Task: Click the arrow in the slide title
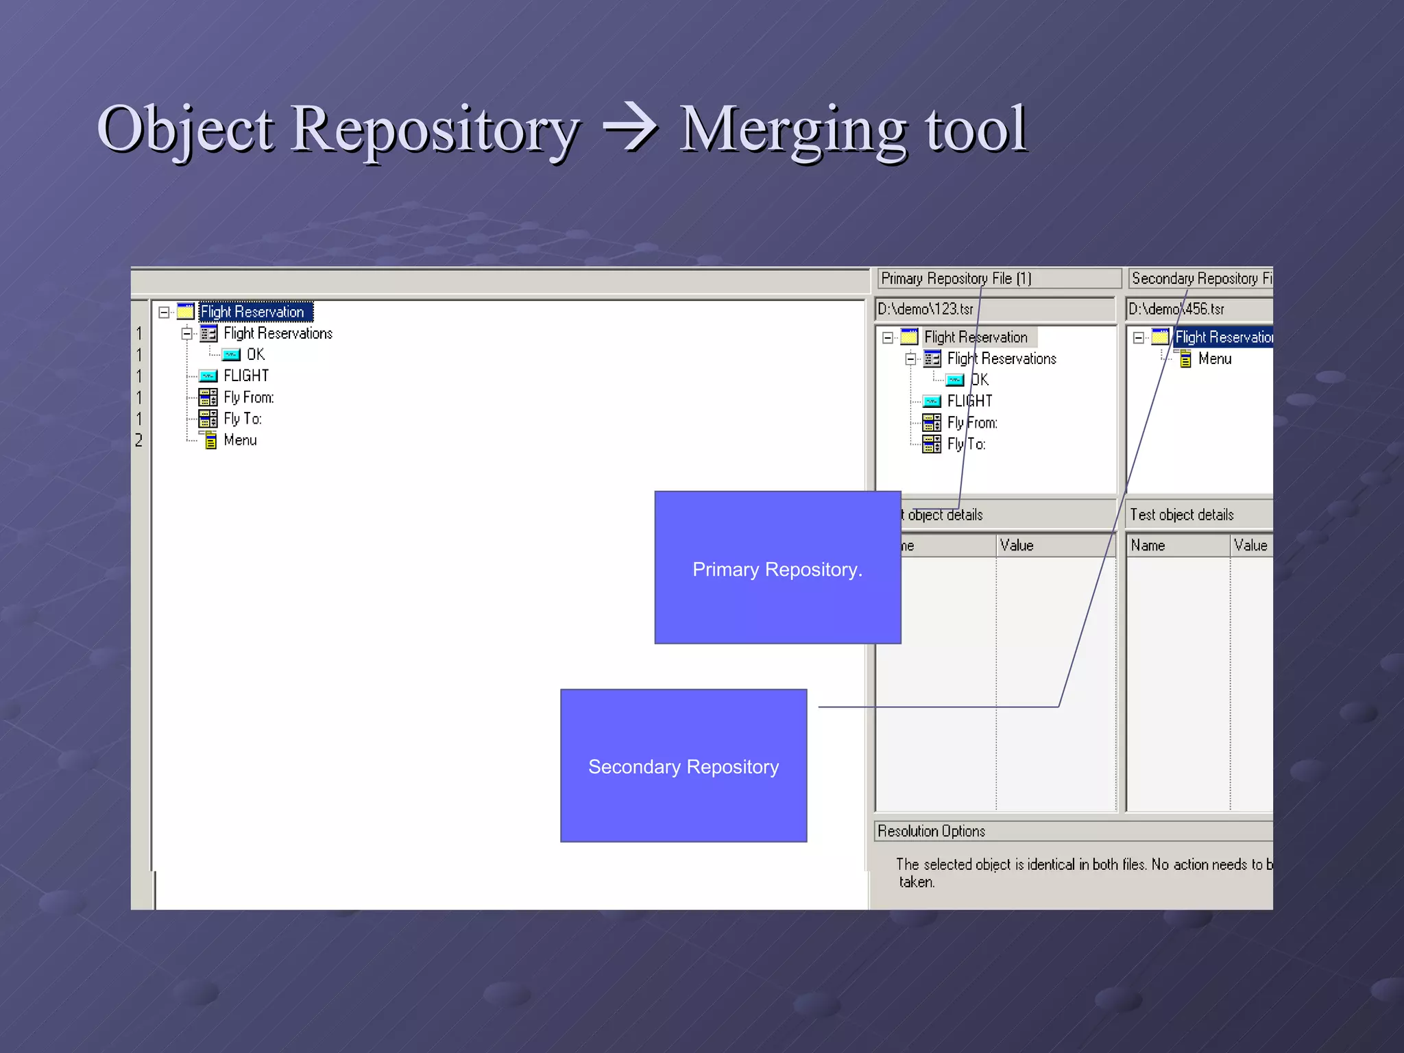click(629, 129)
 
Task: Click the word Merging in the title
click(792, 130)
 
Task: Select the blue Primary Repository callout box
click(777, 568)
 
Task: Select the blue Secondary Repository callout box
click(683, 766)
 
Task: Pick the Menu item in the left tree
click(240, 440)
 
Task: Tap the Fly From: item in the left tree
click(248, 398)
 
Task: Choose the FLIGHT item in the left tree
click(246, 376)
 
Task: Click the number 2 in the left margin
click(139, 440)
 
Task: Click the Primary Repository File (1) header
click(956, 278)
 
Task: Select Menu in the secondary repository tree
click(1214, 359)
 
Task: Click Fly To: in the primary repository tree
click(966, 444)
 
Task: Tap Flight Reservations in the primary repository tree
click(1001, 359)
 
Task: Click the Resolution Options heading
click(931, 831)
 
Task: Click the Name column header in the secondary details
click(1148, 546)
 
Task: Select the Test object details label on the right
click(1181, 515)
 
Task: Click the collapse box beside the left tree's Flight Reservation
click(164, 313)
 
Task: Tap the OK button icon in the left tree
click(231, 354)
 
